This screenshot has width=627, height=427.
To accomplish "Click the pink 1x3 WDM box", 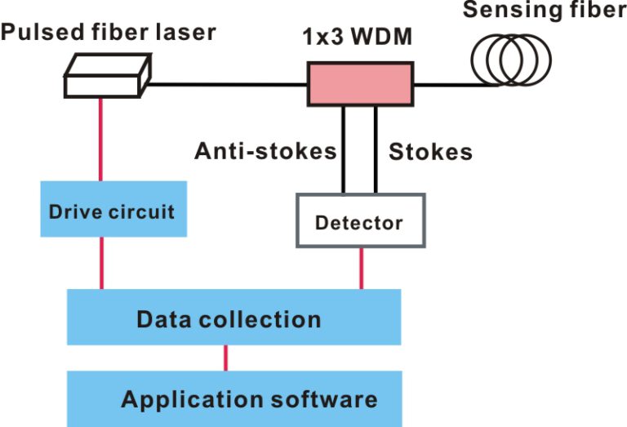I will coord(358,84).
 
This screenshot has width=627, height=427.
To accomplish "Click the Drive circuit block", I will coord(111,212).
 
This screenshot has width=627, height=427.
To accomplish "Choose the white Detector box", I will coord(360,220).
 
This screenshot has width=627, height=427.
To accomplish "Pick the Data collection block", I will coord(233,317).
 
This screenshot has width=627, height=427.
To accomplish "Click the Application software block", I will coord(233,398).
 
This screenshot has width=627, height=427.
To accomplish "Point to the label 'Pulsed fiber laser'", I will coord(108,33).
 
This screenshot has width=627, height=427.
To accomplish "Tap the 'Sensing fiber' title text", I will coord(545,11).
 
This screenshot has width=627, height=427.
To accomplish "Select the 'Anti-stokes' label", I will coord(265,151).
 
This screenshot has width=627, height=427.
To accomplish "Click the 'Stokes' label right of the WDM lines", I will coord(430,151).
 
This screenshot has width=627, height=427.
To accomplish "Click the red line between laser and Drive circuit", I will coord(101,139).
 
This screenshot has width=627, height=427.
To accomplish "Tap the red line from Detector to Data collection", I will coord(360,268).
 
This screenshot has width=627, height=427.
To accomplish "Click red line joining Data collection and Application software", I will coord(226,358).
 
